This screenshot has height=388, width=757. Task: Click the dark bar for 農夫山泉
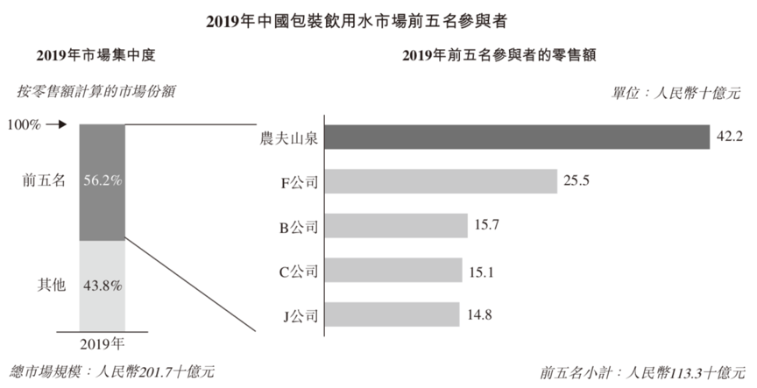tap(517, 138)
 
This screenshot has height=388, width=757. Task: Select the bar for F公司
tap(442, 181)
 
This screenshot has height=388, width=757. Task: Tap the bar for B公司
tap(396, 226)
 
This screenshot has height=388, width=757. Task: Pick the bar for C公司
tap(393, 271)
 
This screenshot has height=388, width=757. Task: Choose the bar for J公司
tap(393, 314)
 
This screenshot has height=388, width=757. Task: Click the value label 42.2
tap(729, 138)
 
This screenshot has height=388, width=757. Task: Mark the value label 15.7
tap(486, 226)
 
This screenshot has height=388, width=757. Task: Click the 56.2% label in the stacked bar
tap(103, 181)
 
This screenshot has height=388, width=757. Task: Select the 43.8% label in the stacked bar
tap(103, 285)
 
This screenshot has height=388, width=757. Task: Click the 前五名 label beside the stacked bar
tap(42, 181)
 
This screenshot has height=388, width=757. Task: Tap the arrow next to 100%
tap(57, 124)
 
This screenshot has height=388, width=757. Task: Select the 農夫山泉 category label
tap(287, 138)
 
